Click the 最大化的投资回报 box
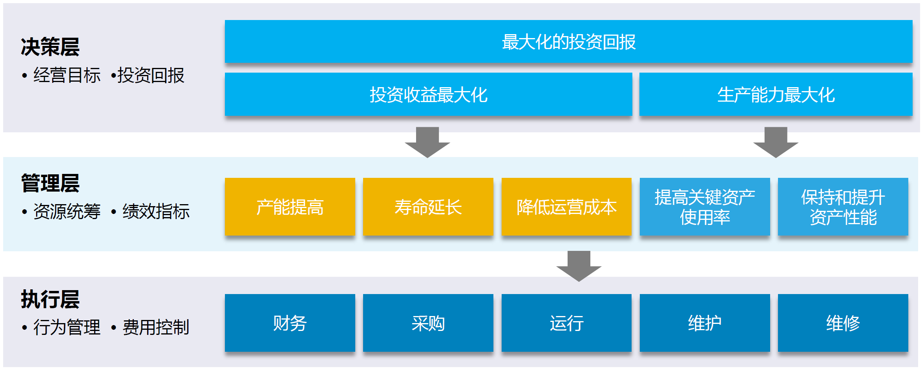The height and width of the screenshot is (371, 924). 568,41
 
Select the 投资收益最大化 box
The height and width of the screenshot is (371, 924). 428,94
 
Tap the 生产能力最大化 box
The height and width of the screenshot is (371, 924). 776,94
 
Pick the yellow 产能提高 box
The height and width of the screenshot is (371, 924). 290,207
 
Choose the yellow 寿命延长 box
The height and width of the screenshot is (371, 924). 428,207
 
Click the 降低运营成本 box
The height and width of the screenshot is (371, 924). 566,207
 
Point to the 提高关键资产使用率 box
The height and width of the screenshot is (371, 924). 705,207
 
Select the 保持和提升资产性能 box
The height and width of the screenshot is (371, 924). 843,207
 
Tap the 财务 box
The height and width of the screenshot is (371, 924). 290,323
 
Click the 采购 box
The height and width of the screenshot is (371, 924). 428,323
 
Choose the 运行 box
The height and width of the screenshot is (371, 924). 566,323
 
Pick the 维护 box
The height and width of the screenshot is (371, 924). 705,323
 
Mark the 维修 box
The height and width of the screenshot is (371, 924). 843,323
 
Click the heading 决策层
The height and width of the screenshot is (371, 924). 50,47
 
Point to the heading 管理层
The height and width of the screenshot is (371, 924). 50,183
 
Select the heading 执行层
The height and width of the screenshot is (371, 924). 50,300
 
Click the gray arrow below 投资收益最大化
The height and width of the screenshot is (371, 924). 427,142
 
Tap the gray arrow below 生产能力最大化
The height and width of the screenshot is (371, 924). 776,142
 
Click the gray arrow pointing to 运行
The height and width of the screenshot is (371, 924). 579,266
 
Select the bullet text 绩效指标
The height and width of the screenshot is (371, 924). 156,212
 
